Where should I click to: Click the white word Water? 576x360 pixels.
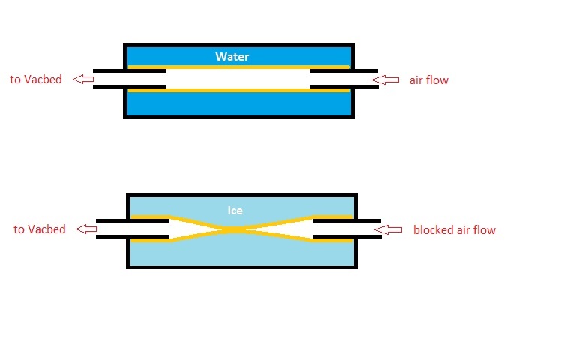[x=232, y=57]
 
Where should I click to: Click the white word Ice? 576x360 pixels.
[x=235, y=211]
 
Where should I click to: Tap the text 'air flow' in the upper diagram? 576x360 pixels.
[x=428, y=79]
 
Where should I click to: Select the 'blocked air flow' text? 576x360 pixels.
[x=454, y=229]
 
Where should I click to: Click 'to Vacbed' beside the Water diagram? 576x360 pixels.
[x=35, y=79]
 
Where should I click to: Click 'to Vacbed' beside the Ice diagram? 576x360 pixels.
[x=40, y=229]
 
